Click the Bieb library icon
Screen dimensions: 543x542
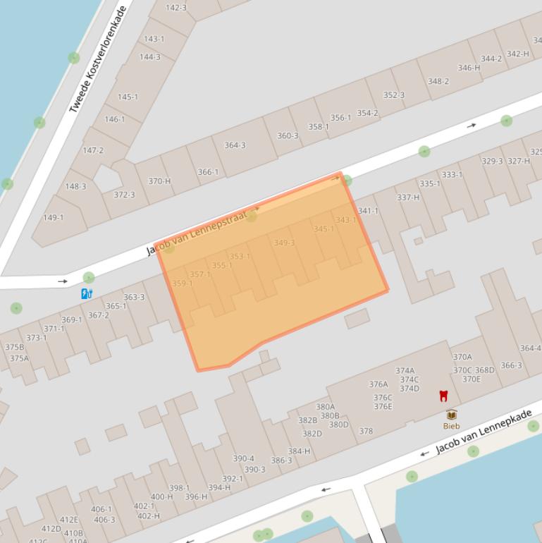pos(451,415)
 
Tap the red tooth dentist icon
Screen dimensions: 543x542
pos(443,396)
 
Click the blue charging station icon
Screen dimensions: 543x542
pos(86,293)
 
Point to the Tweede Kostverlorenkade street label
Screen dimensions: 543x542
pos(98,60)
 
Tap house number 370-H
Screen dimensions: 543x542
pos(159,181)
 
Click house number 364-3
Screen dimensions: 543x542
pos(235,145)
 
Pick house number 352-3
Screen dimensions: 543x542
pos(394,95)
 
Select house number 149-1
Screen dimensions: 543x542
pos(53,217)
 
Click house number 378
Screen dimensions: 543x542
pos(366,431)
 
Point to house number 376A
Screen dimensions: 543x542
pos(378,384)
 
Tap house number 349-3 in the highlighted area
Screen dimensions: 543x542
pos(284,243)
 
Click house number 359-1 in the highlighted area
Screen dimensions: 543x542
pos(182,283)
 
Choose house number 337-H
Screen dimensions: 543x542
pos(408,197)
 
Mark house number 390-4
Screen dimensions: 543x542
pos(243,458)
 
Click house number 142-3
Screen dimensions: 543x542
pos(175,8)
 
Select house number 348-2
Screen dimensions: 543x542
pos(438,81)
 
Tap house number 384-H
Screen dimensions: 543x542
pos(299,451)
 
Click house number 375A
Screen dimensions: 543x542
pos(19,358)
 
